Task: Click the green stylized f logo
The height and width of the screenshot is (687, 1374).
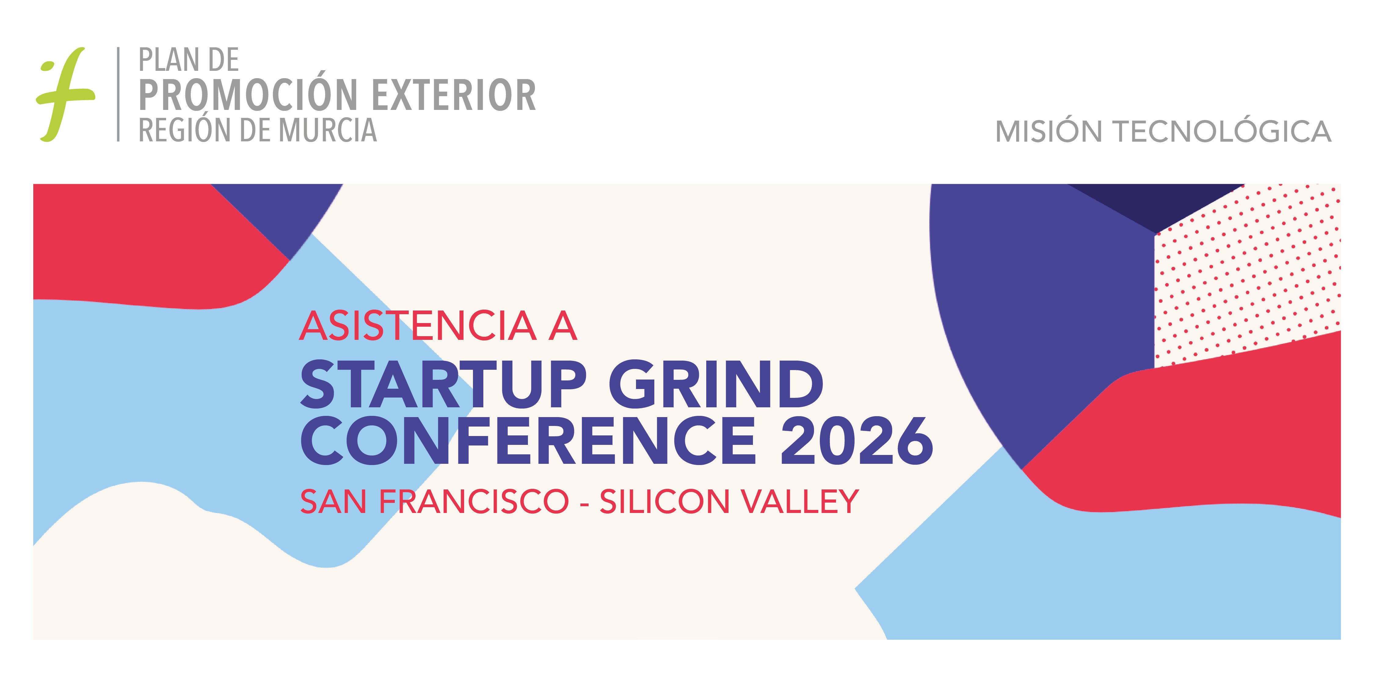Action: coord(65,95)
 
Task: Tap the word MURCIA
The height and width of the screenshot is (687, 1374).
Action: coord(328,130)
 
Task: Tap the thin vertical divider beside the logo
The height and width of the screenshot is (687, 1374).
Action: coord(118,94)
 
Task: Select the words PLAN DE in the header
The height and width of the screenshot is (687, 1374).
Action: coord(188,60)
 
